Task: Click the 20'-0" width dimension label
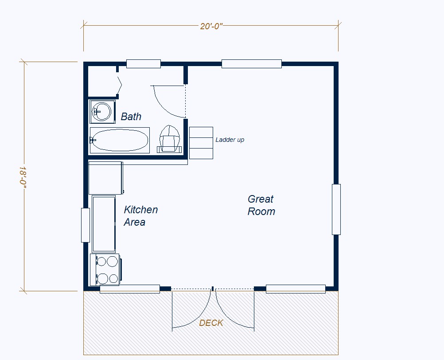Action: tap(211, 26)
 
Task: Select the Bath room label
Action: tap(131, 117)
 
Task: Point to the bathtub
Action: tap(120, 140)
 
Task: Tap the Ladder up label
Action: tap(230, 140)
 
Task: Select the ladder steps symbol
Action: tap(201, 143)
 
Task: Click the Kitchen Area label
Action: tap(141, 216)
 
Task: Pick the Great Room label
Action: tap(261, 205)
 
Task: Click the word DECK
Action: tap(211, 323)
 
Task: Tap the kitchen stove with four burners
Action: tap(105, 270)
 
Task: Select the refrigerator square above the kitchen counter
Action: tap(105, 178)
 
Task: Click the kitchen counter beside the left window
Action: tap(104, 224)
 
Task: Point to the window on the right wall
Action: tap(336, 209)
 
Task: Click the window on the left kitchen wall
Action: tap(85, 225)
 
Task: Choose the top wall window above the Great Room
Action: tap(251, 64)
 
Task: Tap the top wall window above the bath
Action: tap(143, 64)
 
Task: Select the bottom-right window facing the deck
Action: tap(296, 289)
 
